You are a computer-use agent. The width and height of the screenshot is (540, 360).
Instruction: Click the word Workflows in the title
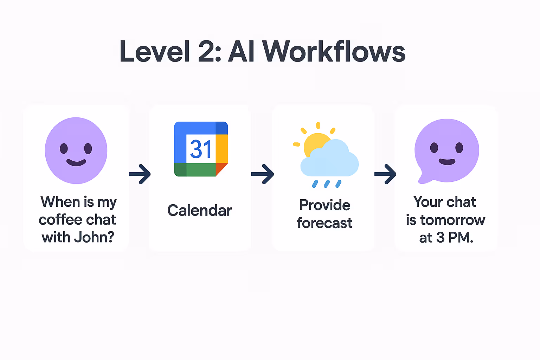[x=334, y=52]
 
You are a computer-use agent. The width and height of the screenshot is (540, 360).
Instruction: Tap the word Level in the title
[x=155, y=52]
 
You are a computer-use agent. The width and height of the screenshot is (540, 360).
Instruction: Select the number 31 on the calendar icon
[x=201, y=149]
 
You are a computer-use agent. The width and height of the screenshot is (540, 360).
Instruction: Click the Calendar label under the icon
[x=200, y=211]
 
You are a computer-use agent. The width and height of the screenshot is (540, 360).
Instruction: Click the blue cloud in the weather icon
[x=330, y=160]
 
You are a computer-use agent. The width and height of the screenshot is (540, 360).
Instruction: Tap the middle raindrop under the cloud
[x=327, y=184]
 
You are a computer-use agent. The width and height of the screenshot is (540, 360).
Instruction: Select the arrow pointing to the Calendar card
[x=140, y=174]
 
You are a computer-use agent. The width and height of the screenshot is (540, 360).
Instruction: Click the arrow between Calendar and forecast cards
[x=262, y=174]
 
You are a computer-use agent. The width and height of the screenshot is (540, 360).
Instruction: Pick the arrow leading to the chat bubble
[x=385, y=174]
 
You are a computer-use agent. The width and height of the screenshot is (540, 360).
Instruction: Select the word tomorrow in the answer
[x=453, y=220]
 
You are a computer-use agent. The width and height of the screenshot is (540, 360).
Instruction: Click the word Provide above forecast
[x=325, y=205]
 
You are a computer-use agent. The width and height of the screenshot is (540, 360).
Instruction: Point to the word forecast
[x=325, y=223]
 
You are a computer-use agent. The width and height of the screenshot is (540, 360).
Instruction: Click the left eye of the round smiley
[x=64, y=148]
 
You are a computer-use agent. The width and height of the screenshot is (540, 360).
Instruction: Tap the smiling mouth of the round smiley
[x=76, y=162]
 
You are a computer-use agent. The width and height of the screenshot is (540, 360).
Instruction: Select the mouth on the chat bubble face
[x=447, y=162]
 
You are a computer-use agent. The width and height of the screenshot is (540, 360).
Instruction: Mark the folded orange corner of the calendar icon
[x=221, y=169]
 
